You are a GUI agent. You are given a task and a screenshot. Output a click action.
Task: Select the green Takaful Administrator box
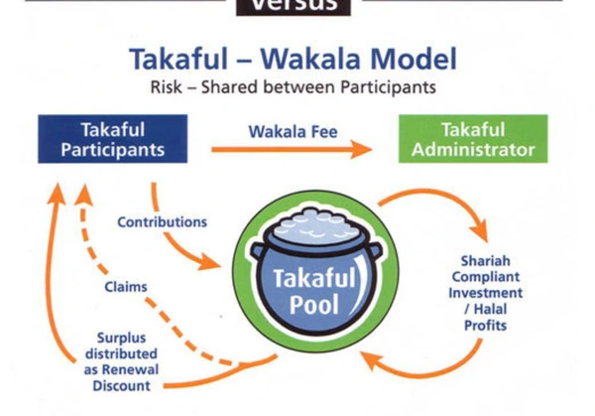[x=472, y=140]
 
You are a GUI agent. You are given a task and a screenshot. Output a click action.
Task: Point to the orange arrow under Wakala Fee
[x=292, y=151]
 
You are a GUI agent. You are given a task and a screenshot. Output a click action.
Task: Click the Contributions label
[x=163, y=222]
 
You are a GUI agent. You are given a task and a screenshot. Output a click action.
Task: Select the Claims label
[x=126, y=287]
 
